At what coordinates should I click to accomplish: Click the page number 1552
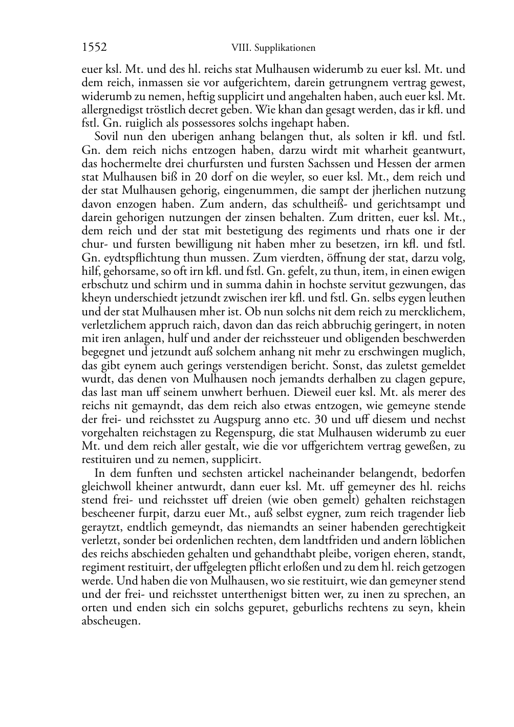pos(94,48)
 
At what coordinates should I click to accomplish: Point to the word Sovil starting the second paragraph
pos(107,137)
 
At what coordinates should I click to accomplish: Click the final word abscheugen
pos(111,621)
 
